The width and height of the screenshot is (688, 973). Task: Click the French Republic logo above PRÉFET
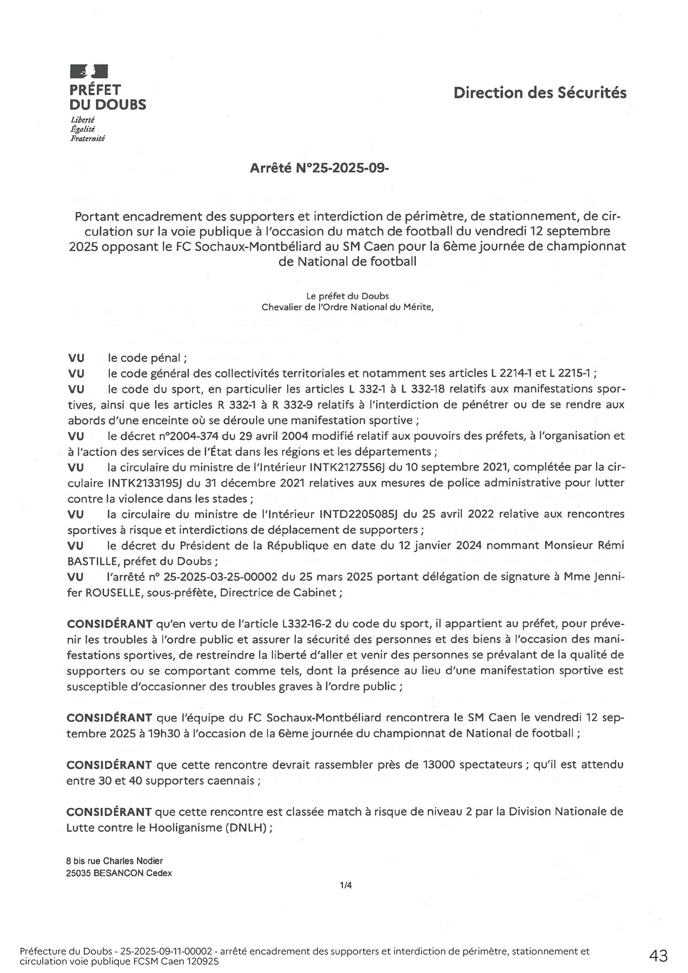pos(89,72)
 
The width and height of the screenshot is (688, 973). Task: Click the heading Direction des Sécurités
pos(540,93)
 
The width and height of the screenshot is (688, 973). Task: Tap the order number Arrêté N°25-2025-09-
pos(319,168)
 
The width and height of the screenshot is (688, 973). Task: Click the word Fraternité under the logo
pos(88,139)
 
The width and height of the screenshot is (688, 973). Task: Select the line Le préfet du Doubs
pos(347,296)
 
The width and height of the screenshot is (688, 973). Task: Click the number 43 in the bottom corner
pos(658,956)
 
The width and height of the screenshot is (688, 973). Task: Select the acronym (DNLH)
pos(246,828)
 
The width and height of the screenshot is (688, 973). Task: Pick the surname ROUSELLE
pos(113,592)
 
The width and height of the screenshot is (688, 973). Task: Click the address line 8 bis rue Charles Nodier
pos(115,861)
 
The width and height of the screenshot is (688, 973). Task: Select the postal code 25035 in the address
pos(78,873)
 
